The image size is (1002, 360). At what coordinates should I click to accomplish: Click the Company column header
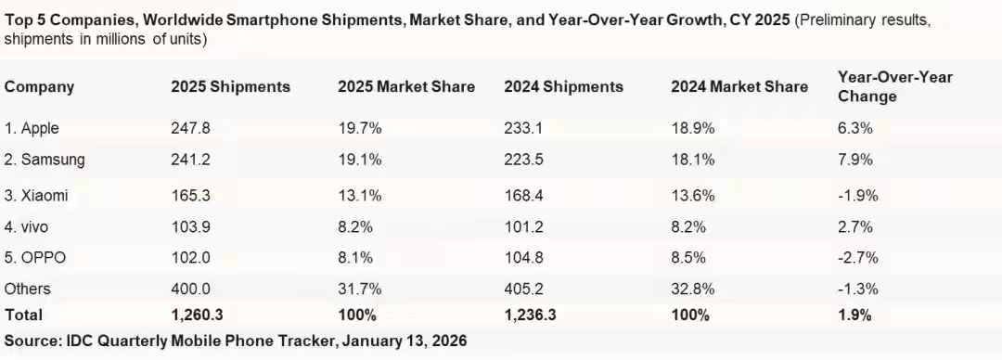click(x=40, y=87)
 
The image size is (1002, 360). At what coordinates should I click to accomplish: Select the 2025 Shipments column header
click(x=231, y=87)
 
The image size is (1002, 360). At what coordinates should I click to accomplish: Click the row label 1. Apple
click(x=32, y=129)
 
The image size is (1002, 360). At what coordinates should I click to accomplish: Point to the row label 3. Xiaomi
click(x=36, y=196)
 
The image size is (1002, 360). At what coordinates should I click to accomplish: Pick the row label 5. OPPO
click(x=35, y=258)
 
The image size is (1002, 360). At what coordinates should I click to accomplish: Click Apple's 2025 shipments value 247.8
click(x=190, y=129)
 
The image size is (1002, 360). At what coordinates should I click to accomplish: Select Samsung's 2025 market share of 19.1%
click(x=360, y=160)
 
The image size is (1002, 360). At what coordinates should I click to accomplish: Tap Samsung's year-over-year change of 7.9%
click(x=855, y=160)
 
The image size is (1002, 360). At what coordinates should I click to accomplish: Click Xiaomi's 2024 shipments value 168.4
click(x=523, y=196)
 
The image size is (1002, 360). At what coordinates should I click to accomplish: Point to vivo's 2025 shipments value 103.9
click(x=190, y=227)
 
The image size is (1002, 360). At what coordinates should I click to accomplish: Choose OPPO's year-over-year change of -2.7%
click(x=857, y=258)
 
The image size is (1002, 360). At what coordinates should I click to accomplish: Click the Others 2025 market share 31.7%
click(x=360, y=289)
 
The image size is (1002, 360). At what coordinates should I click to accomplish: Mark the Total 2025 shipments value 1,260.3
click(x=197, y=315)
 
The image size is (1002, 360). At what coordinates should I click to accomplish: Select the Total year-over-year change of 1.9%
click(x=855, y=315)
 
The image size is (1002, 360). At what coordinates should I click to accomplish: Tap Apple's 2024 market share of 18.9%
click(x=693, y=129)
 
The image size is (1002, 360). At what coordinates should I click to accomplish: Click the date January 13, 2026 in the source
click(x=405, y=341)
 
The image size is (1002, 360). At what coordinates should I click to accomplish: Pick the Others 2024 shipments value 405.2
click(x=523, y=289)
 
